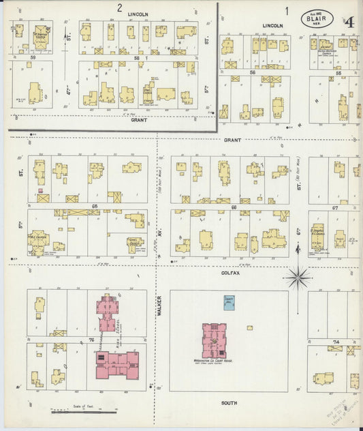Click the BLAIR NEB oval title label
(x=317, y=20)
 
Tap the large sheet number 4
(x=349, y=22)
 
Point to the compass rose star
(x=298, y=278)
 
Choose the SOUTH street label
(x=229, y=403)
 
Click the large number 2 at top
(x=119, y=9)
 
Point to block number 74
(x=335, y=340)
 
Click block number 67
(x=335, y=207)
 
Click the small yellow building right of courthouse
(x=250, y=327)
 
